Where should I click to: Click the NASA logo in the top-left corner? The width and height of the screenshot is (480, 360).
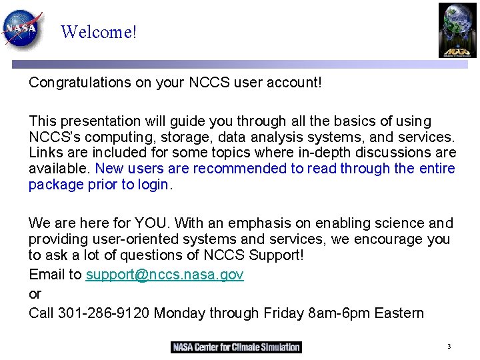pyautogui.click(x=23, y=27)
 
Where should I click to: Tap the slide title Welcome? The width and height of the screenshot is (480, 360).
pyautogui.click(x=99, y=31)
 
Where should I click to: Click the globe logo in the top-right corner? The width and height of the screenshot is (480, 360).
pyautogui.click(x=457, y=29)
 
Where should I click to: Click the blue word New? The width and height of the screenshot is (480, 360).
pyautogui.click(x=109, y=169)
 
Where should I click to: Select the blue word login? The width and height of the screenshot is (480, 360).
pyautogui.click(x=154, y=185)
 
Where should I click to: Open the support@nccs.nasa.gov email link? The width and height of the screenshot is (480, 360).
pyautogui.click(x=165, y=275)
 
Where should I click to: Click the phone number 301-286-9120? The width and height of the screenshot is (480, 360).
pyautogui.click(x=104, y=313)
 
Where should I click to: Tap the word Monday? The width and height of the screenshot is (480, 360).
pyautogui.click(x=179, y=313)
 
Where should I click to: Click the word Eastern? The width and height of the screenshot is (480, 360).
pyautogui.click(x=399, y=313)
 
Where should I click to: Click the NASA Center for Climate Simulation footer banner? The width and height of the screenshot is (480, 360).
pyautogui.click(x=236, y=347)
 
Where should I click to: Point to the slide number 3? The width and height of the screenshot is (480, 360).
pyautogui.click(x=449, y=347)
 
